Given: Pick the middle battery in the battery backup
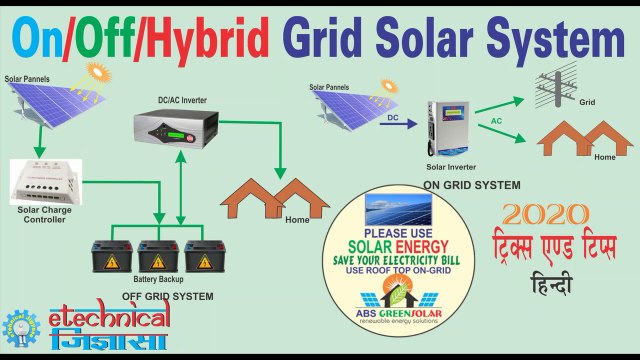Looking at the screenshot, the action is (x=157, y=256).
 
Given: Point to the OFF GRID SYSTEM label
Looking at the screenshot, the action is (x=167, y=296).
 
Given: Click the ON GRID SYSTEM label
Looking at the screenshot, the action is (x=472, y=185).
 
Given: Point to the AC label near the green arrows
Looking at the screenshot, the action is (x=496, y=120).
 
